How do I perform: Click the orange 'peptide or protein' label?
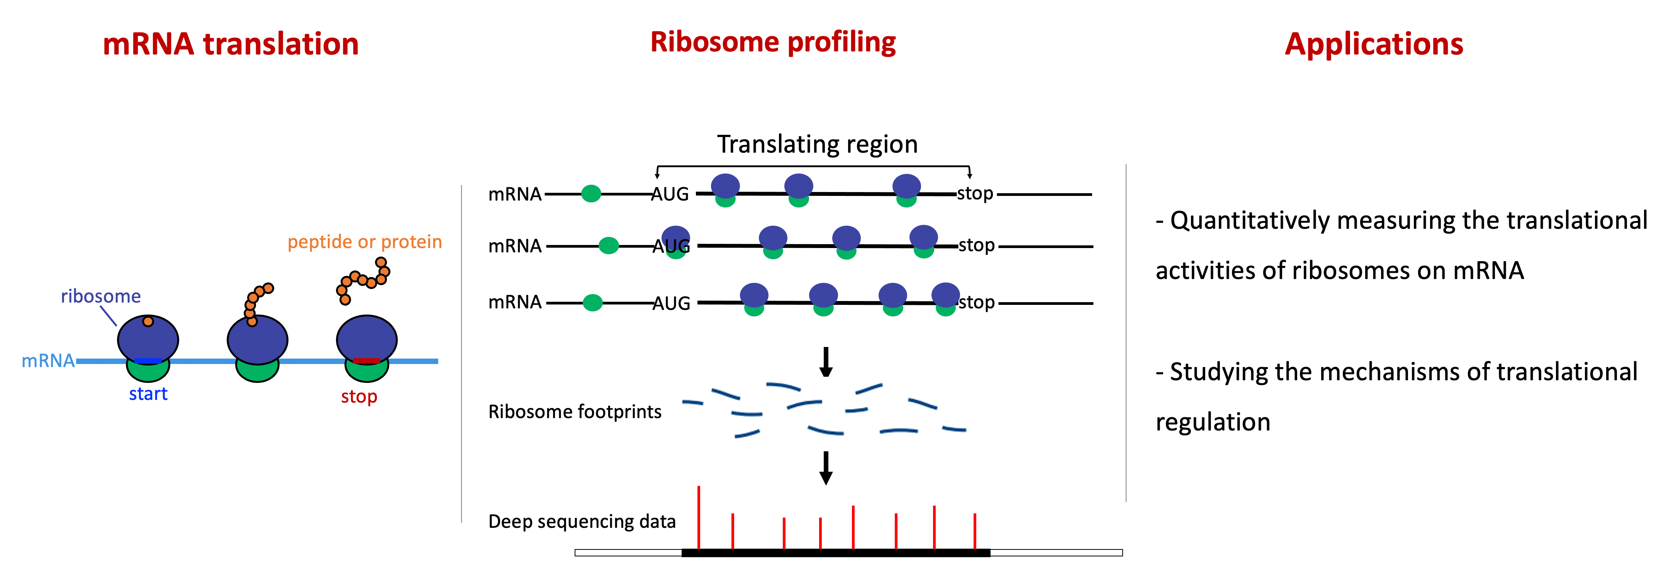pyautogui.click(x=365, y=242)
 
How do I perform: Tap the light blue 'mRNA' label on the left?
pyautogui.click(x=48, y=361)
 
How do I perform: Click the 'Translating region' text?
pyautogui.click(x=818, y=144)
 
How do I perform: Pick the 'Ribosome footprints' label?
pyautogui.click(x=574, y=412)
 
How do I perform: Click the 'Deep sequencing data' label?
pyautogui.click(x=582, y=522)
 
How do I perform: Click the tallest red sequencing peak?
pyautogui.click(x=699, y=518)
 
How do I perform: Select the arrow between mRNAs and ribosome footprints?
pyautogui.click(x=826, y=362)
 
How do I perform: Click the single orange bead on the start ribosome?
pyautogui.click(x=148, y=321)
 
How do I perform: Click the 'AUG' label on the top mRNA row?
pyautogui.click(x=670, y=194)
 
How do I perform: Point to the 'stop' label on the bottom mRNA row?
pyautogui.click(x=977, y=302)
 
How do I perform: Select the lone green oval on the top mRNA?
pyautogui.click(x=591, y=194)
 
